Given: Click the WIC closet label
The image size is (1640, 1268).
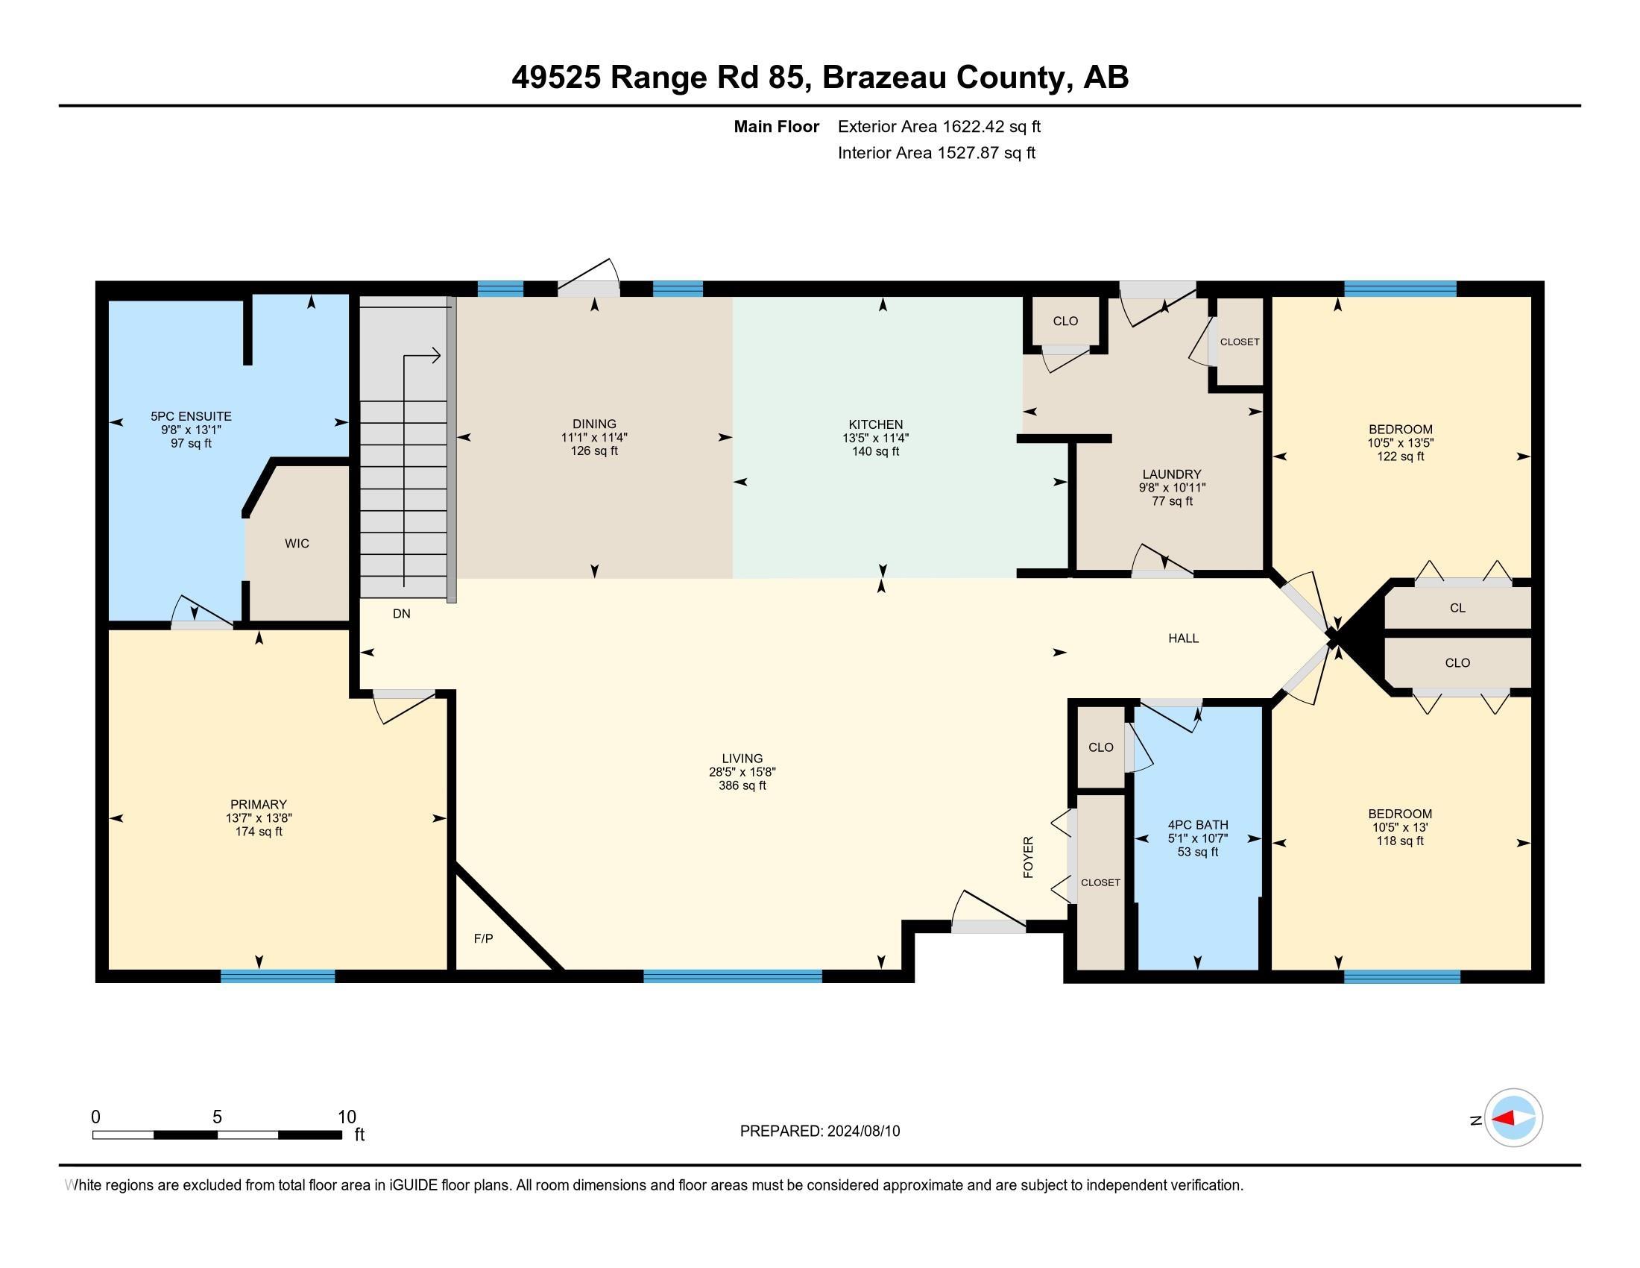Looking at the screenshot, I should [x=297, y=543].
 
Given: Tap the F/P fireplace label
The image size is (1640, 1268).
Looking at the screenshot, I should [x=483, y=938].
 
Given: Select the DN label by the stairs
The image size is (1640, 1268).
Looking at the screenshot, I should [x=401, y=614].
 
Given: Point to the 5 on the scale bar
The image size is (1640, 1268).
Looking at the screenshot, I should [x=217, y=1117].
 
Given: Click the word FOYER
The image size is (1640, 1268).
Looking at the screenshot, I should [x=1028, y=856].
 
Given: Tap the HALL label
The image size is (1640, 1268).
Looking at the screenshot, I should [x=1183, y=638].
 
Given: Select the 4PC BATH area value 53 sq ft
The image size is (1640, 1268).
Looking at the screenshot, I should [x=1197, y=852].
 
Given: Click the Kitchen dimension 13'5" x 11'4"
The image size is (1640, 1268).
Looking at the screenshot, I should [x=875, y=438].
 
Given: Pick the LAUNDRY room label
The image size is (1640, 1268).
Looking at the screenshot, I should [x=1171, y=474].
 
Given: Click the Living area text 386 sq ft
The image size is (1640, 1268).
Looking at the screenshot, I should [x=742, y=785].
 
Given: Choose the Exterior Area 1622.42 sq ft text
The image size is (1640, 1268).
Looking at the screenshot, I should [x=939, y=126].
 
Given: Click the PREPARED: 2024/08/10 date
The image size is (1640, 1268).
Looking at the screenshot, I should [x=819, y=1132].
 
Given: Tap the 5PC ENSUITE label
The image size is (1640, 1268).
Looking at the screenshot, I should [x=191, y=416].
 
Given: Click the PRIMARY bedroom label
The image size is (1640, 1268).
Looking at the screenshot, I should [x=259, y=805].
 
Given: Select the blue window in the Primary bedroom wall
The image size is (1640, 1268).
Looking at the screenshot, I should [x=277, y=976].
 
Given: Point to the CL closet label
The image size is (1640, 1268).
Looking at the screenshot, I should [x=1457, y=608].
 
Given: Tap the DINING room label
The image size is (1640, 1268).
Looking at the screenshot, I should [x=594, y=424].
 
